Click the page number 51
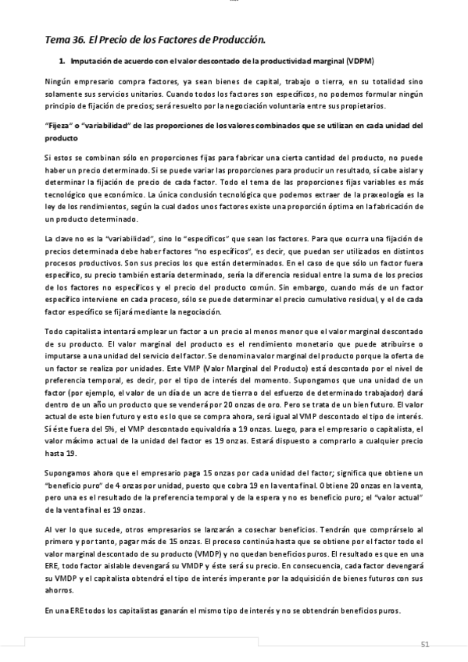pyautogui.click(x=425, y=644)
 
